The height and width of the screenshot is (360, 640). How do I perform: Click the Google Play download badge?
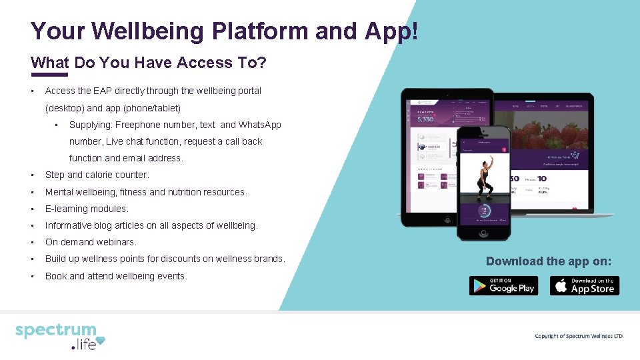(503, 285)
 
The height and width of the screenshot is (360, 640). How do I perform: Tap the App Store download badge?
(584, 285)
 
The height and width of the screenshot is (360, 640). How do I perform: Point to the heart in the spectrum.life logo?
(100, 343)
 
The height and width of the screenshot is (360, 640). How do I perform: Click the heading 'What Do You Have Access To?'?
(149, 63)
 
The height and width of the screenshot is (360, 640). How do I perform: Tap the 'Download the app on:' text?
(548, 261)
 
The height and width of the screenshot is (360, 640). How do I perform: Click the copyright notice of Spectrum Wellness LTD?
(578, 336)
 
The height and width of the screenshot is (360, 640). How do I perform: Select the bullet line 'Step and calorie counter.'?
(97, 175)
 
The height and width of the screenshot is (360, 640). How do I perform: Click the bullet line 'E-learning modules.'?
(87, 209)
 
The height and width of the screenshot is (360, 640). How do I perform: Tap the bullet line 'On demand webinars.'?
(91, 242)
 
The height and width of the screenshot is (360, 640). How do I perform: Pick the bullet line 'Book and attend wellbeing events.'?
(116, 276)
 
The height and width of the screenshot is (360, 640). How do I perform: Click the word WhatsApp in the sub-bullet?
(260, 125)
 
